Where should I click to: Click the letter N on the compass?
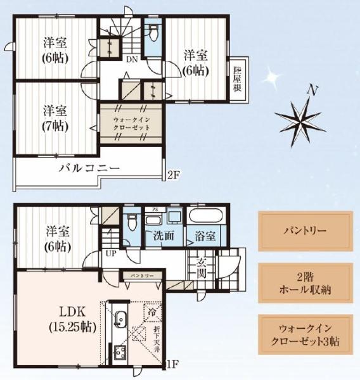coord(311,90)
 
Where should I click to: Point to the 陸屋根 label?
coord(237,81)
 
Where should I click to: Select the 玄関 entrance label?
coord(201,267)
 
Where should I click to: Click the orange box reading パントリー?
coord(304,229)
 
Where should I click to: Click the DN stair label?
coord(131,60)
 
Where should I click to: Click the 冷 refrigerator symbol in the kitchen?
coord(152,312)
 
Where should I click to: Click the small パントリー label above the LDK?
coord(142,277)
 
